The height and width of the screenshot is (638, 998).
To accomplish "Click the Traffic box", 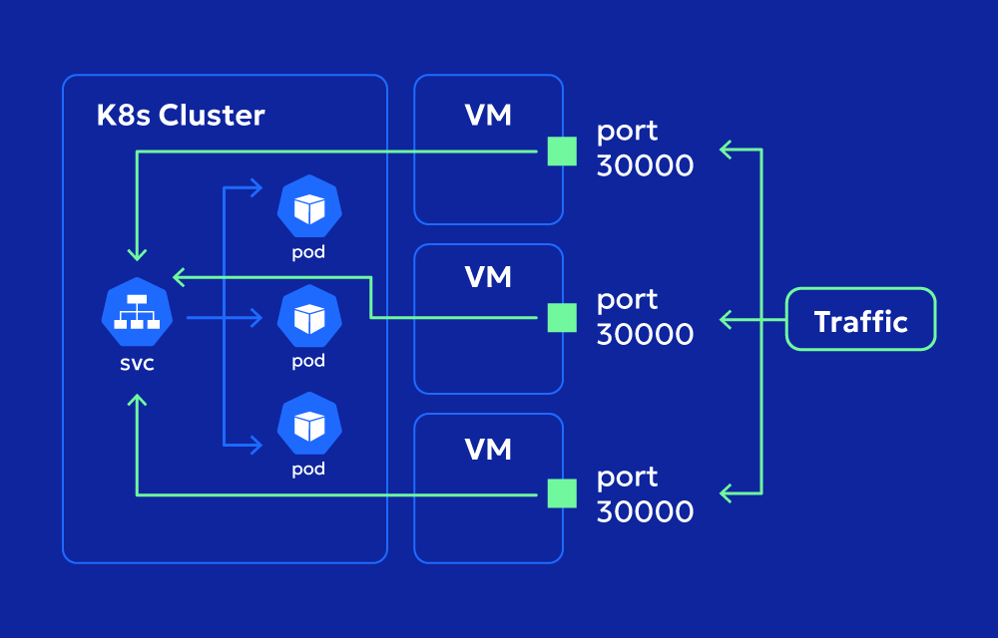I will point(860,319).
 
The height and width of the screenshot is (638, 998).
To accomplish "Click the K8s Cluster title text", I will point(181,116).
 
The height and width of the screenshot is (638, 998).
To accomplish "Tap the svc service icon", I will point(138,311).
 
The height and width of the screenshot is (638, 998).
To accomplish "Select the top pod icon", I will point(309,207).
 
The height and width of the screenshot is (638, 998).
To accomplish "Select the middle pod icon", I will point(309,317).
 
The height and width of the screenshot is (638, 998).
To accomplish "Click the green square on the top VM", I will point(562,152).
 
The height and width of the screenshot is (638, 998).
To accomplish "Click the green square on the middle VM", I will point(562,318).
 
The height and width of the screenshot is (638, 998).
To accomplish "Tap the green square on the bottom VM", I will point(562,493).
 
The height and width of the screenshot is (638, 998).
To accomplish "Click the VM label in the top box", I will point(488,116).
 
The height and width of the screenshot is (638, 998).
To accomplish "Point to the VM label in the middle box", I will point(488,277).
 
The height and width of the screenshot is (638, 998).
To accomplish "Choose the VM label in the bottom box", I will point(488,450).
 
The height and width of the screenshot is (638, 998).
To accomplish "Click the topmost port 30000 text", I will point(645,149).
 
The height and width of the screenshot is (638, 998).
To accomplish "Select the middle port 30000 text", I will point(645,316).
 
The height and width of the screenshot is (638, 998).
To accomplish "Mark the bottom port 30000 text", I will point(645,493).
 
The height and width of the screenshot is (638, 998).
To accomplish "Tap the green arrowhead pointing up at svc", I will point(138,401).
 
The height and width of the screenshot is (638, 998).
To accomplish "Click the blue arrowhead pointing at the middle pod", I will point(255,318).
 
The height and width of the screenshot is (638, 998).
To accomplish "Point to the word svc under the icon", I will point(137,363).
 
